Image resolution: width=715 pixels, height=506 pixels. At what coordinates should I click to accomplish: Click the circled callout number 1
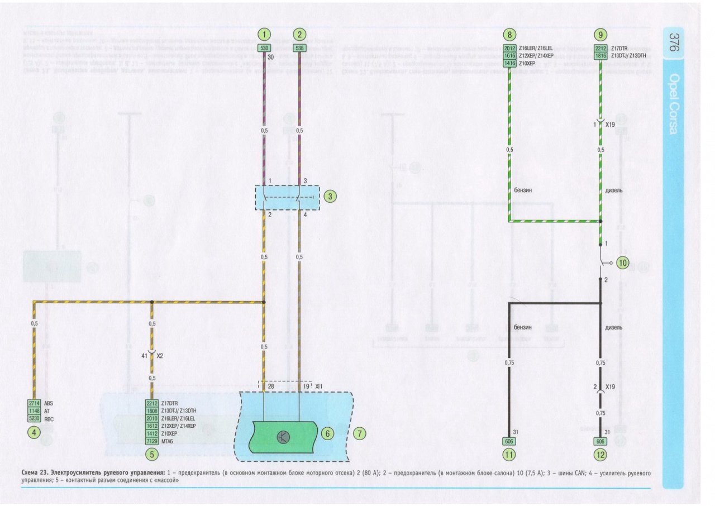click(x=264, y=34)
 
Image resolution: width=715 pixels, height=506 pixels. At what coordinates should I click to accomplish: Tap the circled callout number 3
click(x=331, y=196)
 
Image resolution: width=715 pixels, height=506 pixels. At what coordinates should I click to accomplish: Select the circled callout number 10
click(x=622, y=262)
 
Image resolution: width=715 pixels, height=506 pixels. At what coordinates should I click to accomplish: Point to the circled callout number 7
click(x=361, y=433)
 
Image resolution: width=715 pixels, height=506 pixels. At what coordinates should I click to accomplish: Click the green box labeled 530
click(x=264, y=48)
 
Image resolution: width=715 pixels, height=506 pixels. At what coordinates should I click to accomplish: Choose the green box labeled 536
click(x=299, y=48)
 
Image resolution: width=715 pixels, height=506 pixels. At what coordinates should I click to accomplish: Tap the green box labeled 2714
click(x=35, y=403)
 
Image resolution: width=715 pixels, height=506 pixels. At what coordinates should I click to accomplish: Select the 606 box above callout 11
click(x=509, y=441)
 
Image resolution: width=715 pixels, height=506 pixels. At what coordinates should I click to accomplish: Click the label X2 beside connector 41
click(x=160, y=355)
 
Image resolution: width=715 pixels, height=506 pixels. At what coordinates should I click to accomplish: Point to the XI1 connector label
click(x=320, y=386)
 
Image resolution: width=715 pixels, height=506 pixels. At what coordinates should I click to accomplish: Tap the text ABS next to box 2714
click(x=49, y=403)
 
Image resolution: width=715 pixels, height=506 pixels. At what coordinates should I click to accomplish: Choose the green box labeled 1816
click(x=600, y=56)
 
